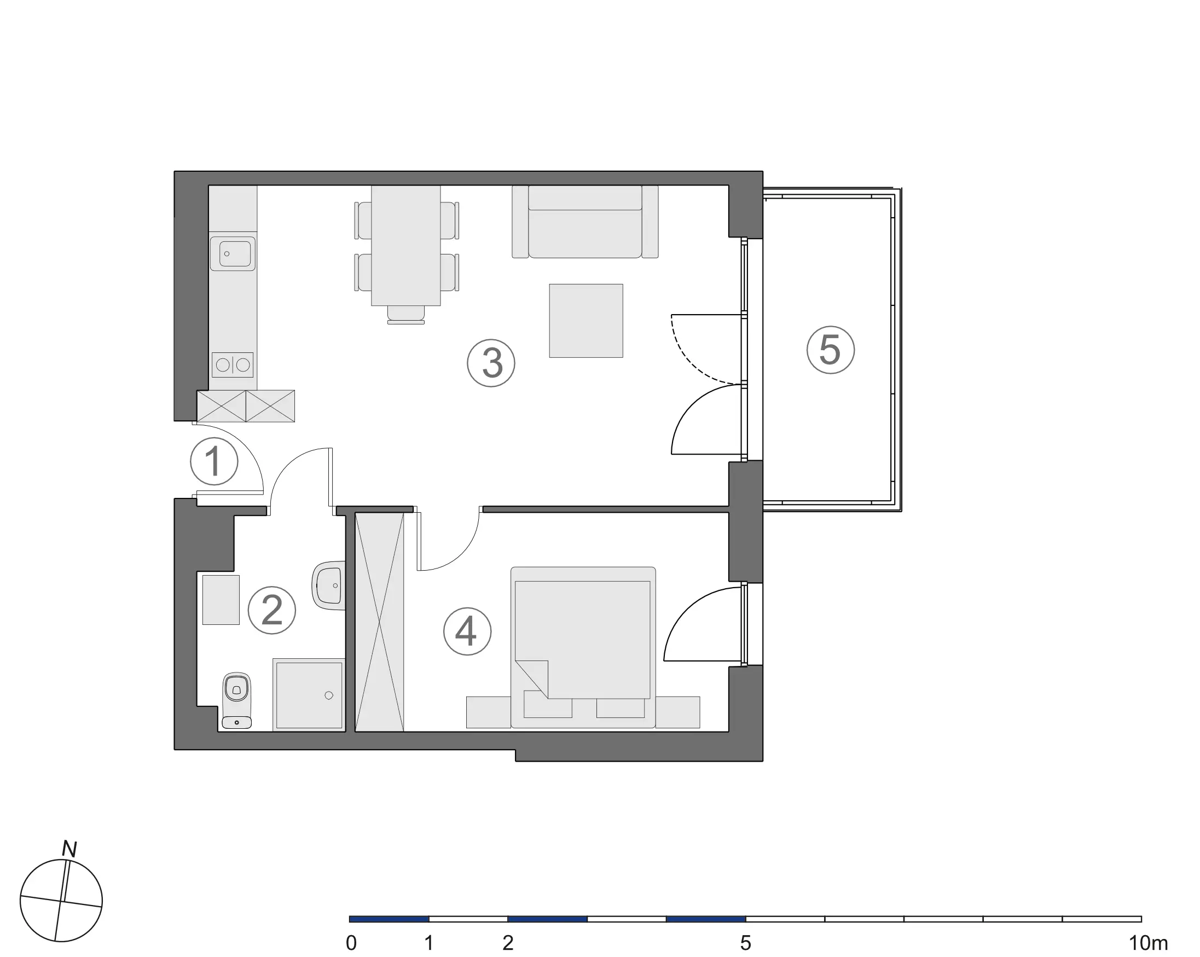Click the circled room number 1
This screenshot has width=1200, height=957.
coord(215,461)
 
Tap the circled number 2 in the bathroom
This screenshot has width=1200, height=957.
coord(271,610)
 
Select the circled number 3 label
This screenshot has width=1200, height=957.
coord(491,363)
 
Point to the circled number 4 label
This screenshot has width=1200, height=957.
coord(467,631)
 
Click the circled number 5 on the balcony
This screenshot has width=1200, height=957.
coord(831,350)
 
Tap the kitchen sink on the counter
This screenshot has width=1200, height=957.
coord(233,254)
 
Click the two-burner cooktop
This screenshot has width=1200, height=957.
coord(233,364)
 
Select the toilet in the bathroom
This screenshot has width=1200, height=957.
coord(236,700)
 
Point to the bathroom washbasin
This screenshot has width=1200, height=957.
coord(328,585)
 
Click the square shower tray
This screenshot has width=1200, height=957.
coord(309,695)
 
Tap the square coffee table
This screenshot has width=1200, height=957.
coord(586,321)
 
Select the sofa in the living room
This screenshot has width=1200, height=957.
coord(585,222)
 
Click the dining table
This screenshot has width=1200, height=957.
coord(406,246)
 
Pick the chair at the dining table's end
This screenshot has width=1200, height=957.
coord(406,315)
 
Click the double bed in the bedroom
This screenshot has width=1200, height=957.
coord(583,647)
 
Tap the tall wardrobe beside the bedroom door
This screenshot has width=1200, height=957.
coord(379,622)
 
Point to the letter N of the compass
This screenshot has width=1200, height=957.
coord(69,849)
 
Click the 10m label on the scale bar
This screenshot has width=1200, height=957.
coord(1147,943)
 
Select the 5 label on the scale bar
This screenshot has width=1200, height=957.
coord(746,943)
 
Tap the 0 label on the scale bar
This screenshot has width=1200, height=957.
coord(351,943)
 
